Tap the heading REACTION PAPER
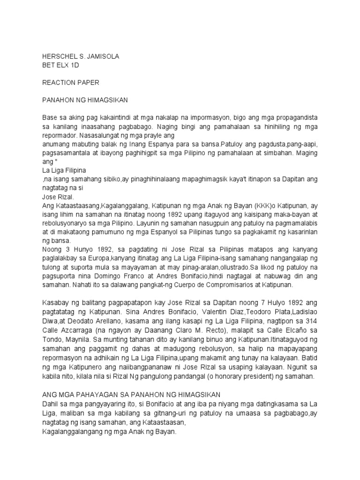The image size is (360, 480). tap(71, 82)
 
